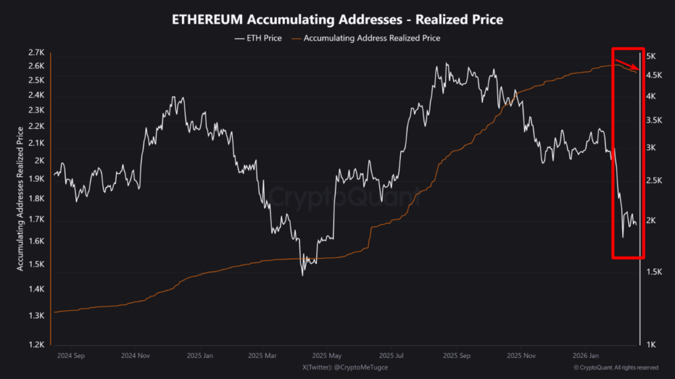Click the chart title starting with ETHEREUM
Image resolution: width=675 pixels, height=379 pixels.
[x=337, y=20]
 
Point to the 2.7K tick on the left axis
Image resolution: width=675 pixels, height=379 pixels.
[x=36, y=53]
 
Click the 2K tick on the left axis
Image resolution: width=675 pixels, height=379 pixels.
[x=39, y=161]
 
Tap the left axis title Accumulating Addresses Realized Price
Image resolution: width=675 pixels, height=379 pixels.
[x=20, y=198]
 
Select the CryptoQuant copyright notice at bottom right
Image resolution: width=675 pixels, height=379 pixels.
[x=616, y=367]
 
